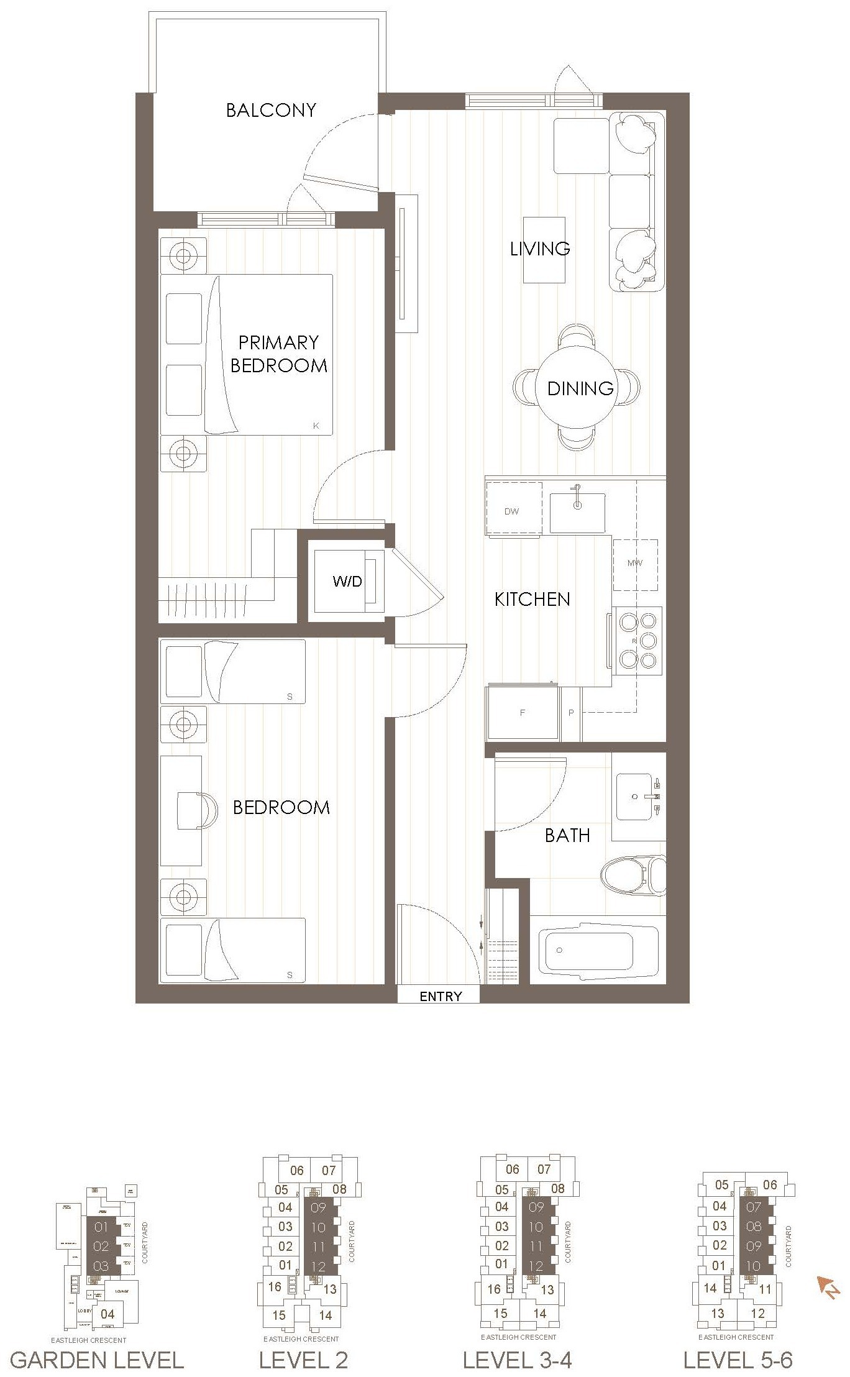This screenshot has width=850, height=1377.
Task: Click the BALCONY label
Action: [x=271, y=111]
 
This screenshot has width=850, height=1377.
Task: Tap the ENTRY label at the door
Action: [x=441, y=996]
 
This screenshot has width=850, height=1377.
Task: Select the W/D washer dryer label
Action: [x=347, y=582]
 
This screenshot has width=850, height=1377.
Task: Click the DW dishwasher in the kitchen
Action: [x=512, y=511]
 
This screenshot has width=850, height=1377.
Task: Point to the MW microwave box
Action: [x=635, y=564]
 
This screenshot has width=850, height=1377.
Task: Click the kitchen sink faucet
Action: [x=577, y=496]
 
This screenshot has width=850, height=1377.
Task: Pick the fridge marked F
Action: [x=523, y=713]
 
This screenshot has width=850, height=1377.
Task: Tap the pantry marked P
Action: [x=572, y=713]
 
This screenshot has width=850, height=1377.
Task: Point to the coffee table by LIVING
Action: [x=544, y=250]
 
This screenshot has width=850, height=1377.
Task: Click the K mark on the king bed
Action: [x=316, y=426]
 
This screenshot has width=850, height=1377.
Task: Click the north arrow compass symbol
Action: [x=828, y=1286]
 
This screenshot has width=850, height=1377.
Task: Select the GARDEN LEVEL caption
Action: [x=97, y=1360]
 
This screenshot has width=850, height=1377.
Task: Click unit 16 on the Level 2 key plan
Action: [x=275, y=1286]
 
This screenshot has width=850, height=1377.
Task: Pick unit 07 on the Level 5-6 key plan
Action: [x=753, y=1207]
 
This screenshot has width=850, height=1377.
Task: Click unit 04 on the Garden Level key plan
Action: [x=107, y=1314]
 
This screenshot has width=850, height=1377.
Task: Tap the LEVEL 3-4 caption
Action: [x=517, y=1360]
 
